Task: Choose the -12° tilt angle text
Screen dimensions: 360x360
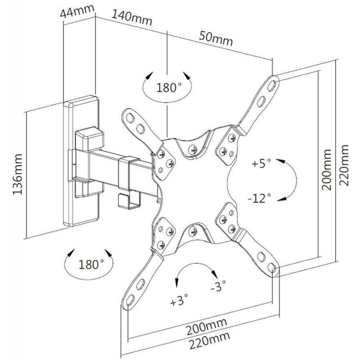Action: (x=260, y=198)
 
